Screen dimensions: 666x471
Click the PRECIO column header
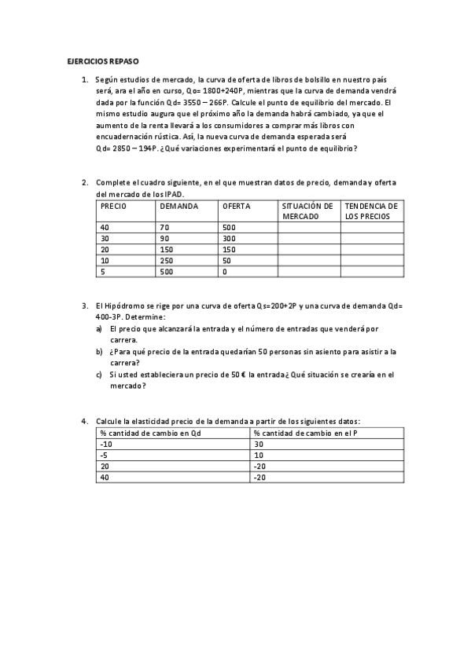click(114, 206)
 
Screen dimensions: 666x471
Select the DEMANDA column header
click(178, 206)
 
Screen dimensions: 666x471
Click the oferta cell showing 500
click(230, 227)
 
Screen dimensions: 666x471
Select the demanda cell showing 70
click(164, 227)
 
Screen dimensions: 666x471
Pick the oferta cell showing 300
click(230, 238)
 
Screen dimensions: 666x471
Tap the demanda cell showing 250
click(166, 260)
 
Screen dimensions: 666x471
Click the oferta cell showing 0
click(225, 272)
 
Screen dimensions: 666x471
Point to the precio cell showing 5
click(103, 272)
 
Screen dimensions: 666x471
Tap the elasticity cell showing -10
click(107, 444)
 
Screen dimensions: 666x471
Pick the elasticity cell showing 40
click(105, 477)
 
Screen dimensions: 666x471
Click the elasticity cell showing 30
click(259, 444)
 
